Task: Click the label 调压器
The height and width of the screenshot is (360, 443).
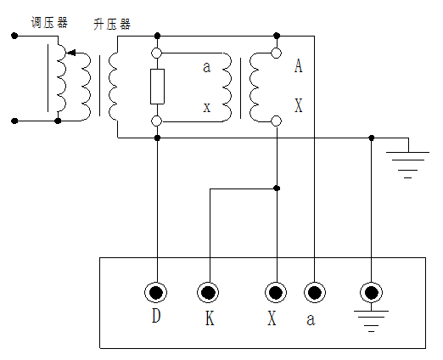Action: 49,22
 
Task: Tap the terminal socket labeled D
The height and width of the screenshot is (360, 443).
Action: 156,293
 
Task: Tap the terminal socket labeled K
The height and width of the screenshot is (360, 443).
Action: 208,293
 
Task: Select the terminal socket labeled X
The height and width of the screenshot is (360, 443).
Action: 275,293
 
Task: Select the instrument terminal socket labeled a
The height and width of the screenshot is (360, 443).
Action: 314,293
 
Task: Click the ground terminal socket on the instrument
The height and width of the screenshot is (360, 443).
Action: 371,293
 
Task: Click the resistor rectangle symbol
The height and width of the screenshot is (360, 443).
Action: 157,87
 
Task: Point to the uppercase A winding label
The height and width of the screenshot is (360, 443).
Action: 298,65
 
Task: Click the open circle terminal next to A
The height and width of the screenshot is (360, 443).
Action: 276,53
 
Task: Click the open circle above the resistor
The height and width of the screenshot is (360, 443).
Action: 157,53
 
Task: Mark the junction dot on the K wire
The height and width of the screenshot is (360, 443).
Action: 276,188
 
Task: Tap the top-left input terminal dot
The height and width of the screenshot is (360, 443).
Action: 14,36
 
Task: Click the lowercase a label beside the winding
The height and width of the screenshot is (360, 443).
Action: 206,67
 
